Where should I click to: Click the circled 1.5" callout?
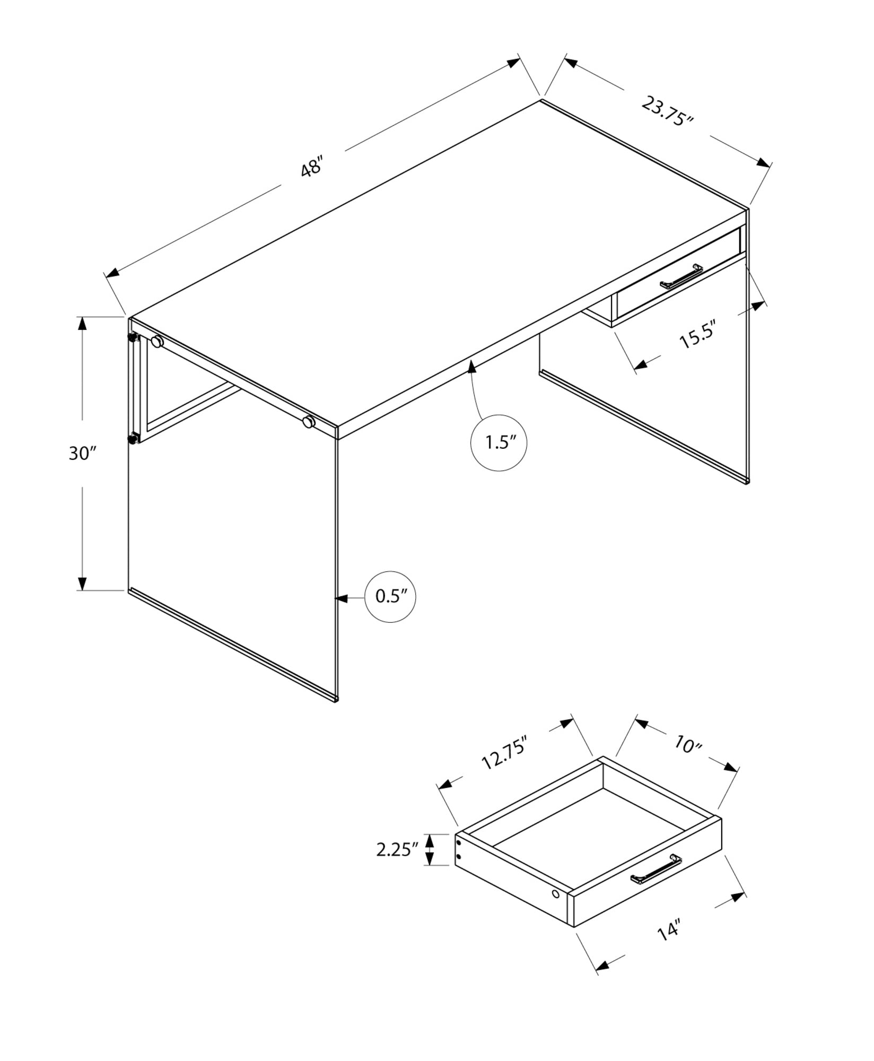(499, 443)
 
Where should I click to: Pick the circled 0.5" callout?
(390, 597)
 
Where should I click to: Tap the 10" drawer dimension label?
(688, 745)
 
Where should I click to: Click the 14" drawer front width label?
(669, 932)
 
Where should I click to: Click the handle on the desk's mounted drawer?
(681, 277)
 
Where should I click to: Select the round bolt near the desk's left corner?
(157, 342)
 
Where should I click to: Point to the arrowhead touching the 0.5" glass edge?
(342, 598)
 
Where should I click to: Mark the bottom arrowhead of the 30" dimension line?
(82, 583)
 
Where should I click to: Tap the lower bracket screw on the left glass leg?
(132, 438)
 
